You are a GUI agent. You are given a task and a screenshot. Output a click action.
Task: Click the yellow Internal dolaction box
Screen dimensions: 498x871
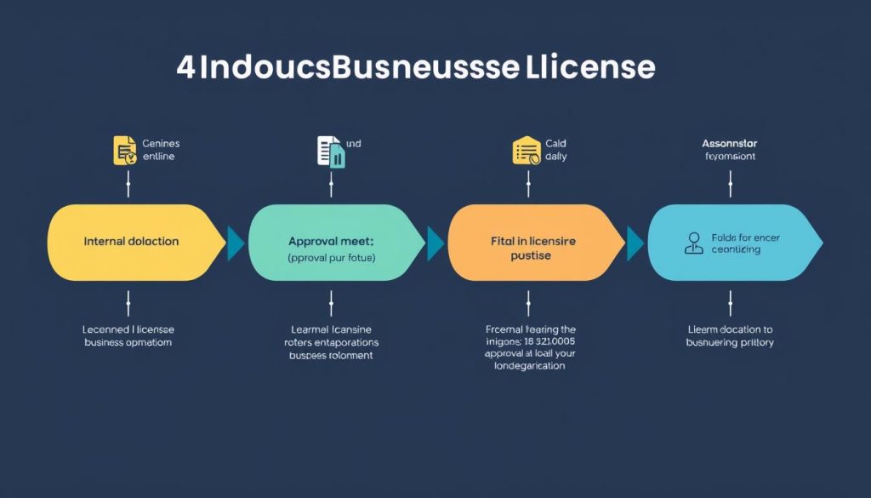pyautogui.click(x=132, y=242)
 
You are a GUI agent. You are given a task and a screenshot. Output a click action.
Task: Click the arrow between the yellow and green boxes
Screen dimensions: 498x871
pyautogui.click(x=236, y=243)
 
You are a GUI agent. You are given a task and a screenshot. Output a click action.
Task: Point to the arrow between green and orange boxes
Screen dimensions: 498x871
pyautogui.click(x=435, y=243)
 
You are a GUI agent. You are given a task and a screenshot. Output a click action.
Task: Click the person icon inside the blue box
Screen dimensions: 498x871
pyautogui.click(x=694, y=243)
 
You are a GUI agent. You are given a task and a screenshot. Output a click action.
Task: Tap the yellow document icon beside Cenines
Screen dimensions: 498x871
pyautogui.click(x=125, y=150)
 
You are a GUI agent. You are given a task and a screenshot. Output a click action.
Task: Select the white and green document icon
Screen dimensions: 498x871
pyautogui.click(x=330, y=151)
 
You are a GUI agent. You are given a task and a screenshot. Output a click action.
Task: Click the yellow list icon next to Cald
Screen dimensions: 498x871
pyautogui.click(x=527, y=150)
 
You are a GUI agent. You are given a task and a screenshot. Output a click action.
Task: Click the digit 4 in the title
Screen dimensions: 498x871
pyautogui.click(x=185, y=68)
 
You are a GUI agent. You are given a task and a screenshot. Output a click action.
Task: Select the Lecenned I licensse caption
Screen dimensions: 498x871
pyautogui.click(x=128, y=335)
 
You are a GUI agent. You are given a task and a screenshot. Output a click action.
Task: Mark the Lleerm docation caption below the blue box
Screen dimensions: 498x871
pyautogui.click(x=730, y=335)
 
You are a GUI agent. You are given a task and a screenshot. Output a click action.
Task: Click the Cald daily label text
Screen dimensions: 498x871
pyautogui.click(x=556, y=150)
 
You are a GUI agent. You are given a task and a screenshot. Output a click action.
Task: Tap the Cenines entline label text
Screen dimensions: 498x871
pyautogui.click(x=161, y=150)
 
